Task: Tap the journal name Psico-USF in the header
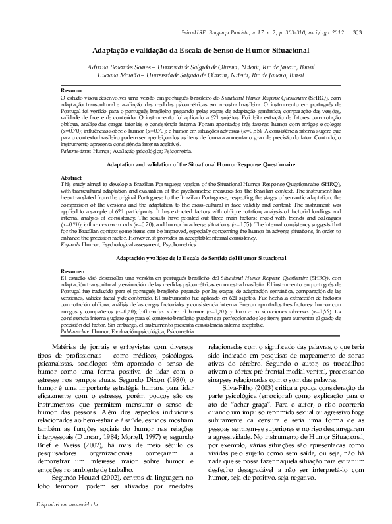click(192, 32)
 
